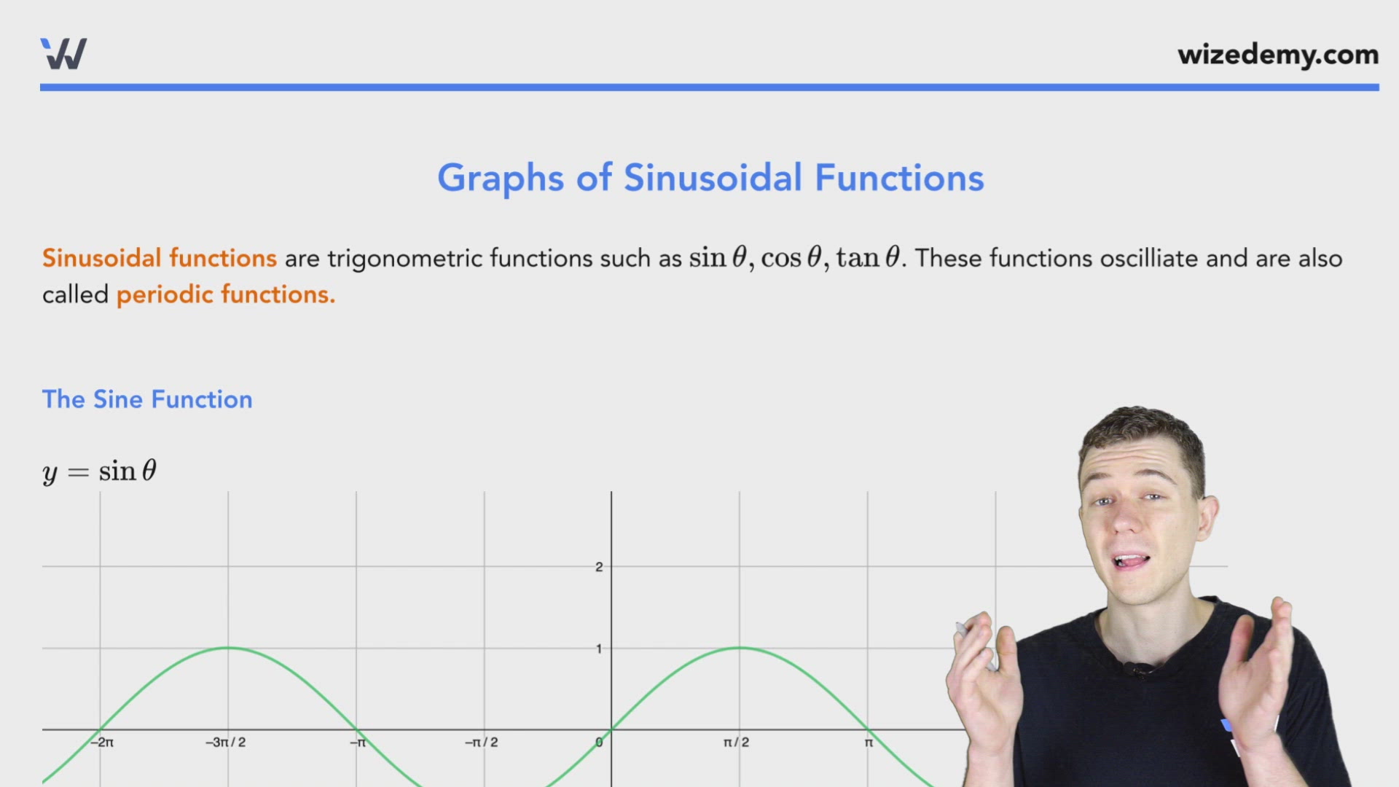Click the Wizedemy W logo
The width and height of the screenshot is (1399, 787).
point(64,54)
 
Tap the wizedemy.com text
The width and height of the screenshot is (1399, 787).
point(1278,55)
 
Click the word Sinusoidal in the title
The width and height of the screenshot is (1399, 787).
point(713,178)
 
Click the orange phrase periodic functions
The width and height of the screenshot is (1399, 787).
point(226,294)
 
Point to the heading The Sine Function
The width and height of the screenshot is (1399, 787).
point(147,399)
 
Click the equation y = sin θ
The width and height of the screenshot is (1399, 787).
point(100,471)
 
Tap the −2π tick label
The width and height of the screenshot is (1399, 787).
point(102,743)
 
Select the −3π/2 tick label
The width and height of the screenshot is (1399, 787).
point(226,743)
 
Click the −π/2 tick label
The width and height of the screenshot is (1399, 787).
point(482,743)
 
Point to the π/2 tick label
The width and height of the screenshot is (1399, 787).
point(736,743)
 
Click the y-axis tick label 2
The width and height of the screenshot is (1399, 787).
point(599,567)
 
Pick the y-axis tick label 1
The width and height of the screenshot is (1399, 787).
point(599,649)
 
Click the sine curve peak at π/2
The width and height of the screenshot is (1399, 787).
point(740,647)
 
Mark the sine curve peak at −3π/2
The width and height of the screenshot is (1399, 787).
point(228,647)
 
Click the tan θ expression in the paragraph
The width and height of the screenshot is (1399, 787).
point(868,258)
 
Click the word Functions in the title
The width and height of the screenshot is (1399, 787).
point(899,178)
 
